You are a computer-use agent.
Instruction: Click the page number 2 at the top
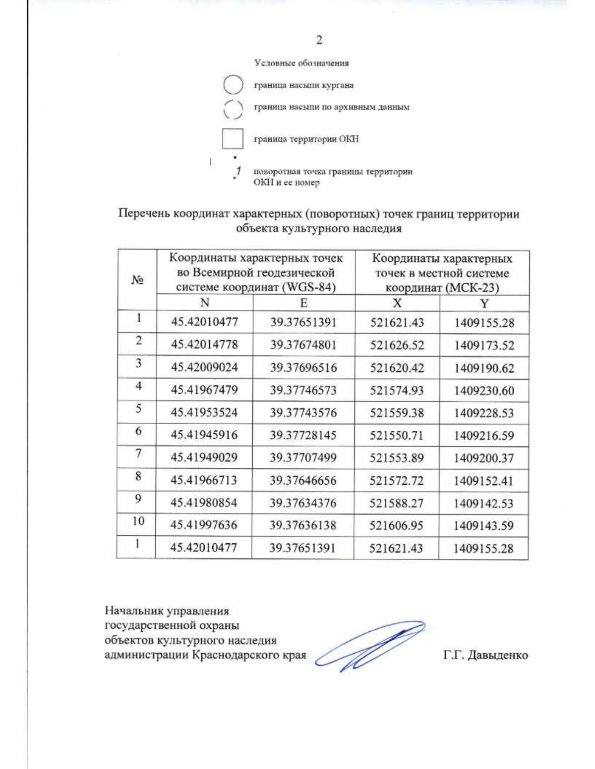[319, 40]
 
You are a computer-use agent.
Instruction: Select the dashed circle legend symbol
[233, 109]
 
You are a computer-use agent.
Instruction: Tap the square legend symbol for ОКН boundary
[233, 139]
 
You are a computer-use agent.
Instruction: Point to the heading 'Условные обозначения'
[301, 63]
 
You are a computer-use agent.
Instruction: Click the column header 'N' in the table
[204, 303]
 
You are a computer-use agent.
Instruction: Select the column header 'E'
[303, 303]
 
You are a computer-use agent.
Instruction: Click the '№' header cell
[137, 280]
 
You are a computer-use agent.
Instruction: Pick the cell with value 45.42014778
[204, 344]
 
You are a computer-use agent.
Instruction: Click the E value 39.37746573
[303, 390]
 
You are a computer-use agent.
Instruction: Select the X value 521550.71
[397, 435]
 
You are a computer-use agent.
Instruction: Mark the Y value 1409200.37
[483, 458]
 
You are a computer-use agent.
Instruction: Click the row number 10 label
[138, 521]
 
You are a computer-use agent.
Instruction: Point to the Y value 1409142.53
[483, 503]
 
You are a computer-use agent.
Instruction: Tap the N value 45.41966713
[204, 480]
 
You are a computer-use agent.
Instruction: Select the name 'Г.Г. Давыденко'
[485, 655]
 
